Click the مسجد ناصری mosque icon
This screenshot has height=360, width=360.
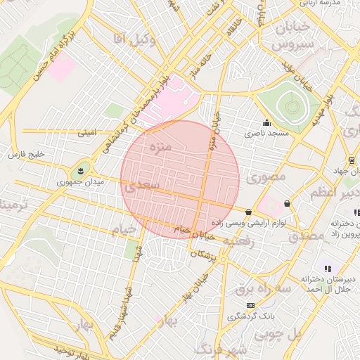coord(266,122)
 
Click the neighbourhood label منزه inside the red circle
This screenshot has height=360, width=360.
coord(161,148)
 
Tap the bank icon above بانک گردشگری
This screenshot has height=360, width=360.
coord(250,305)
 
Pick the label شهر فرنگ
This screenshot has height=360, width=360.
coord(219,349)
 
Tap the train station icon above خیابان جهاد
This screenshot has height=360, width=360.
coord(351,161)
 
